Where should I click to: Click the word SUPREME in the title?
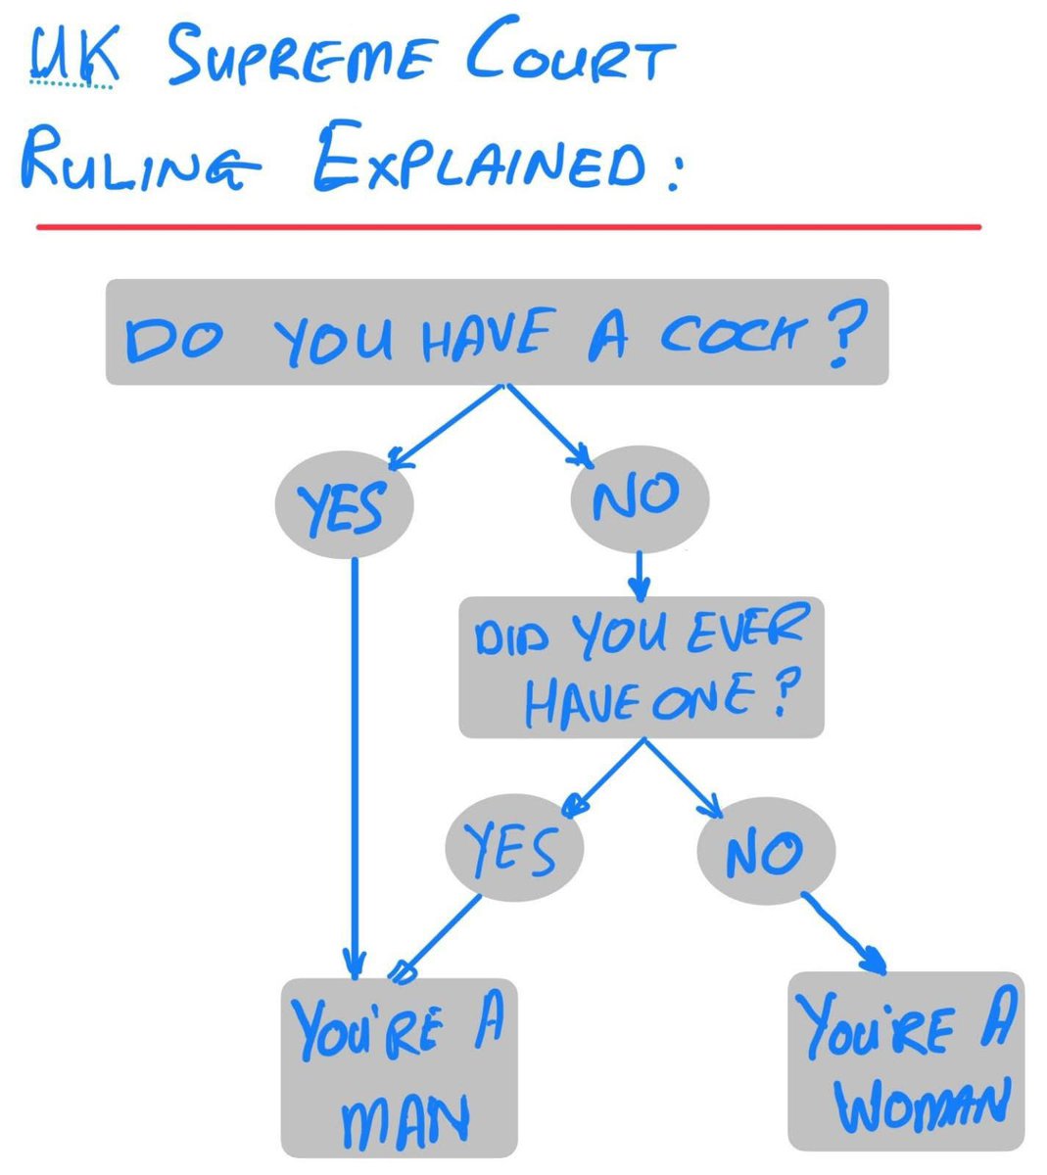coord(301,58)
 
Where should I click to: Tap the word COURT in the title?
coord(571,49)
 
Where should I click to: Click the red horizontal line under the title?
coord(508,227)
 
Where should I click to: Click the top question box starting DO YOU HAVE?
coord(497,332)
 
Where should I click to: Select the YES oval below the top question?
coord(344,504)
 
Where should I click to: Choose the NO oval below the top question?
coord(640,498)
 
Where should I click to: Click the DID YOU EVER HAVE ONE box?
coord(641,667)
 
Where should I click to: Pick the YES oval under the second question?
coord(514,848)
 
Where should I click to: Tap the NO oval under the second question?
coord(766,851)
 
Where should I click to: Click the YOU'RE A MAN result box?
coord(399,1067)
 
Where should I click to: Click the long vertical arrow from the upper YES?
coord(354,769)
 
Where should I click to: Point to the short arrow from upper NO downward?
coord(639,576)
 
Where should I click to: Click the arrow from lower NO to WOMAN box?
coord(844,934)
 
